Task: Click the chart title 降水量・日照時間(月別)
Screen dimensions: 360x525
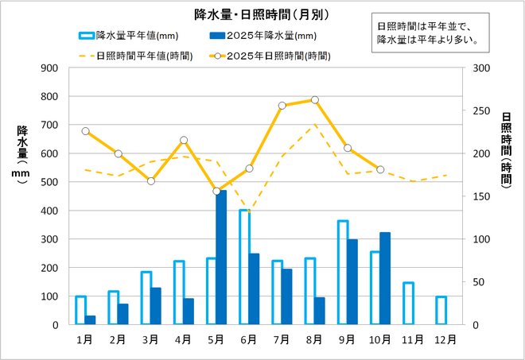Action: tap(262, 14)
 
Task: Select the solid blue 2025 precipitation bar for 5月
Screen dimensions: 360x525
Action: tap(221, 257)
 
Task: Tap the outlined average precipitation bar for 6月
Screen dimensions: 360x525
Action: tap(244, 267)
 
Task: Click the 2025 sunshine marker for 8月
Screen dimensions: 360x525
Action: tap(315, 100)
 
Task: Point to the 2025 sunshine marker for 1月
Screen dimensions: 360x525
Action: tap(85, 131)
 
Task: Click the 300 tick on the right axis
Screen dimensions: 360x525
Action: tap(480, 68)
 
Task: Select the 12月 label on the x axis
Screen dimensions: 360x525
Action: tap(446, 339)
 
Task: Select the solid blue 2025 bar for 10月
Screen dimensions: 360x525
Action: tap(385, 278)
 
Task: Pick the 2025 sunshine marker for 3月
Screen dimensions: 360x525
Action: tap(151, 181)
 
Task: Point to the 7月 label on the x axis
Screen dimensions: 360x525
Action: tap(282, 339)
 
